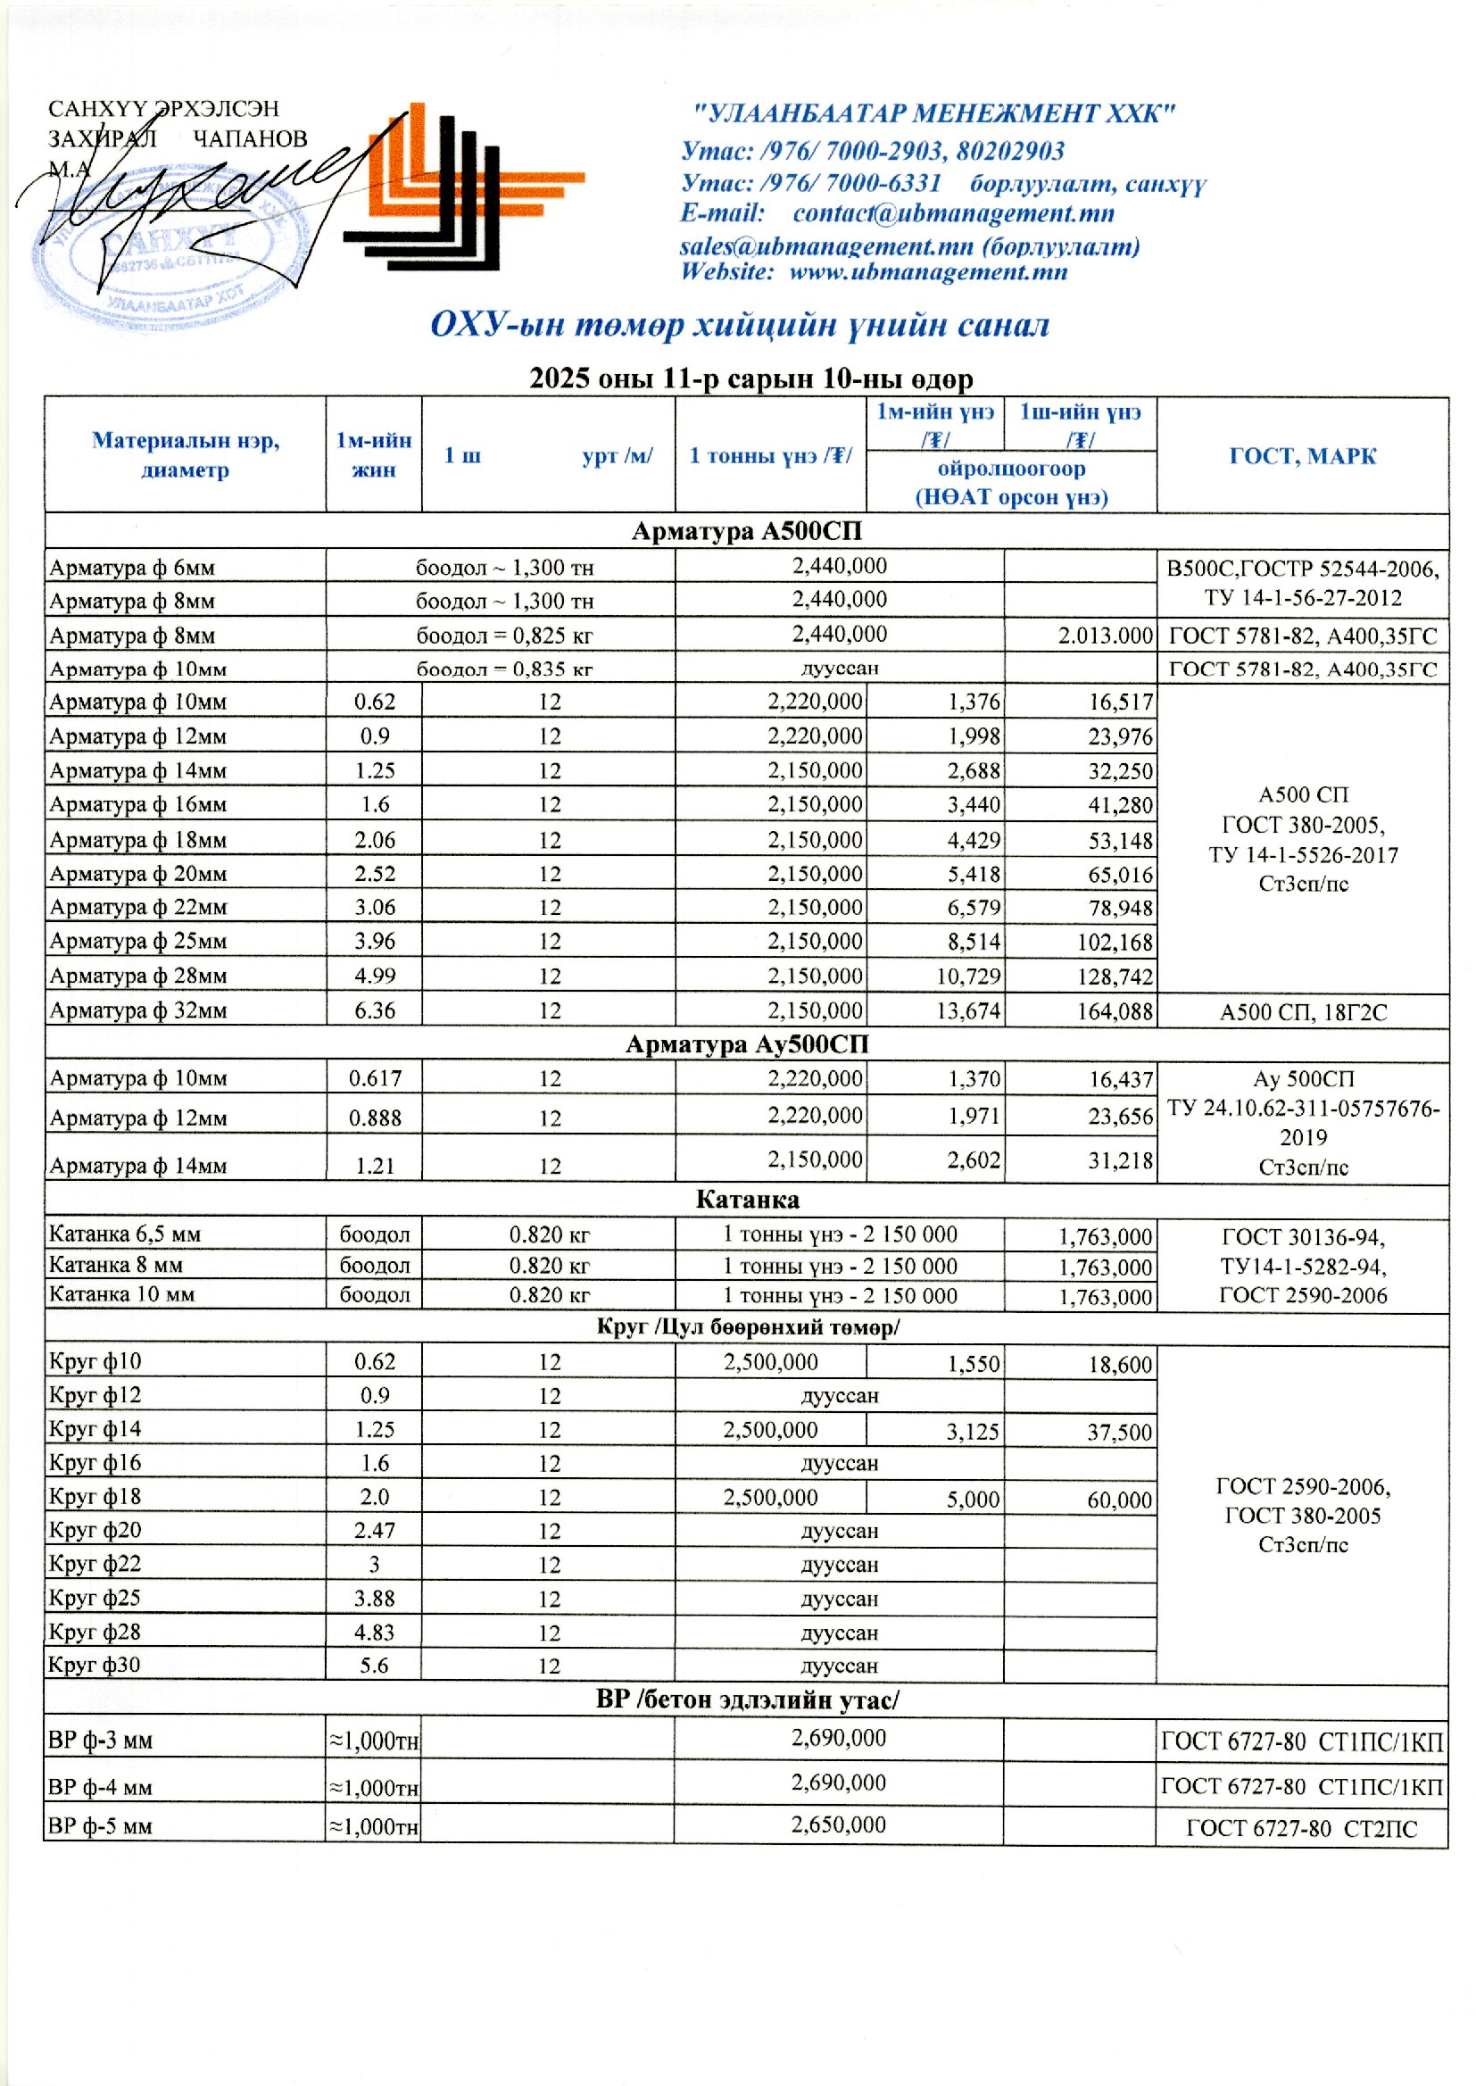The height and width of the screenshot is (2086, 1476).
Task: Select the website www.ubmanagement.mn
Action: tap(927, 271)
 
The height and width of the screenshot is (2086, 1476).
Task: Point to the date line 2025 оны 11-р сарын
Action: tap(750, 378)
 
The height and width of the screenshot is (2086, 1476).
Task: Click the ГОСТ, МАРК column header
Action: tap(1301, 455)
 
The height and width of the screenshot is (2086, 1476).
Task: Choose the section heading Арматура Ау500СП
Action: tap(746, 1044)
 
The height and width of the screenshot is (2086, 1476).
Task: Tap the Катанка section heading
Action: tap(746, 1200)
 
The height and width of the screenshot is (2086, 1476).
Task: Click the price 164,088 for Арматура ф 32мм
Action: tap(1115, 1011)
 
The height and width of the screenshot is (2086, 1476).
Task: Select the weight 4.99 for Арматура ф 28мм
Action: tap(375, 976)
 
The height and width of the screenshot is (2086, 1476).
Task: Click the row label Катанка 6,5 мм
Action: tap(125, 1234)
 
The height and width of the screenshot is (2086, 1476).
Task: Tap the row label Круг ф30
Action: tap(95, 1666)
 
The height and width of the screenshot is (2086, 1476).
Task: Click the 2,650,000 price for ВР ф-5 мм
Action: tap(838, 1825)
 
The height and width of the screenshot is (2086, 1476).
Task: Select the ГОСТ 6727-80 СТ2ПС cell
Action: tap(1301, 1829)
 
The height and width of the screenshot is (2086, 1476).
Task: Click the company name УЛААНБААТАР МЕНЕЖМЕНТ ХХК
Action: tap(933, 113)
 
